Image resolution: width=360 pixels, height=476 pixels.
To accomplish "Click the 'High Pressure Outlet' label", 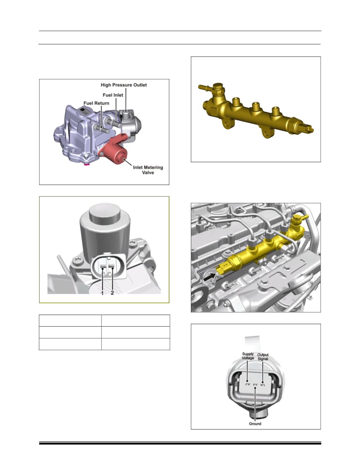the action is point(124,85).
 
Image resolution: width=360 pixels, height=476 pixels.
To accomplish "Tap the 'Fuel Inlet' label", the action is point(113,95).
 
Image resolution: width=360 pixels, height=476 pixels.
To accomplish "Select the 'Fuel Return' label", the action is point(96,103).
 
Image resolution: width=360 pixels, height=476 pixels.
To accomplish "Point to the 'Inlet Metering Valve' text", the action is point(148,170).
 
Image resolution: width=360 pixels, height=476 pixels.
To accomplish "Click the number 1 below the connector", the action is point(102,293).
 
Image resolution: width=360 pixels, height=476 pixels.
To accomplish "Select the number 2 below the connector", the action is point(112,293).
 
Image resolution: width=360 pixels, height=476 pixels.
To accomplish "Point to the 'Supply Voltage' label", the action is point(248,356).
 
